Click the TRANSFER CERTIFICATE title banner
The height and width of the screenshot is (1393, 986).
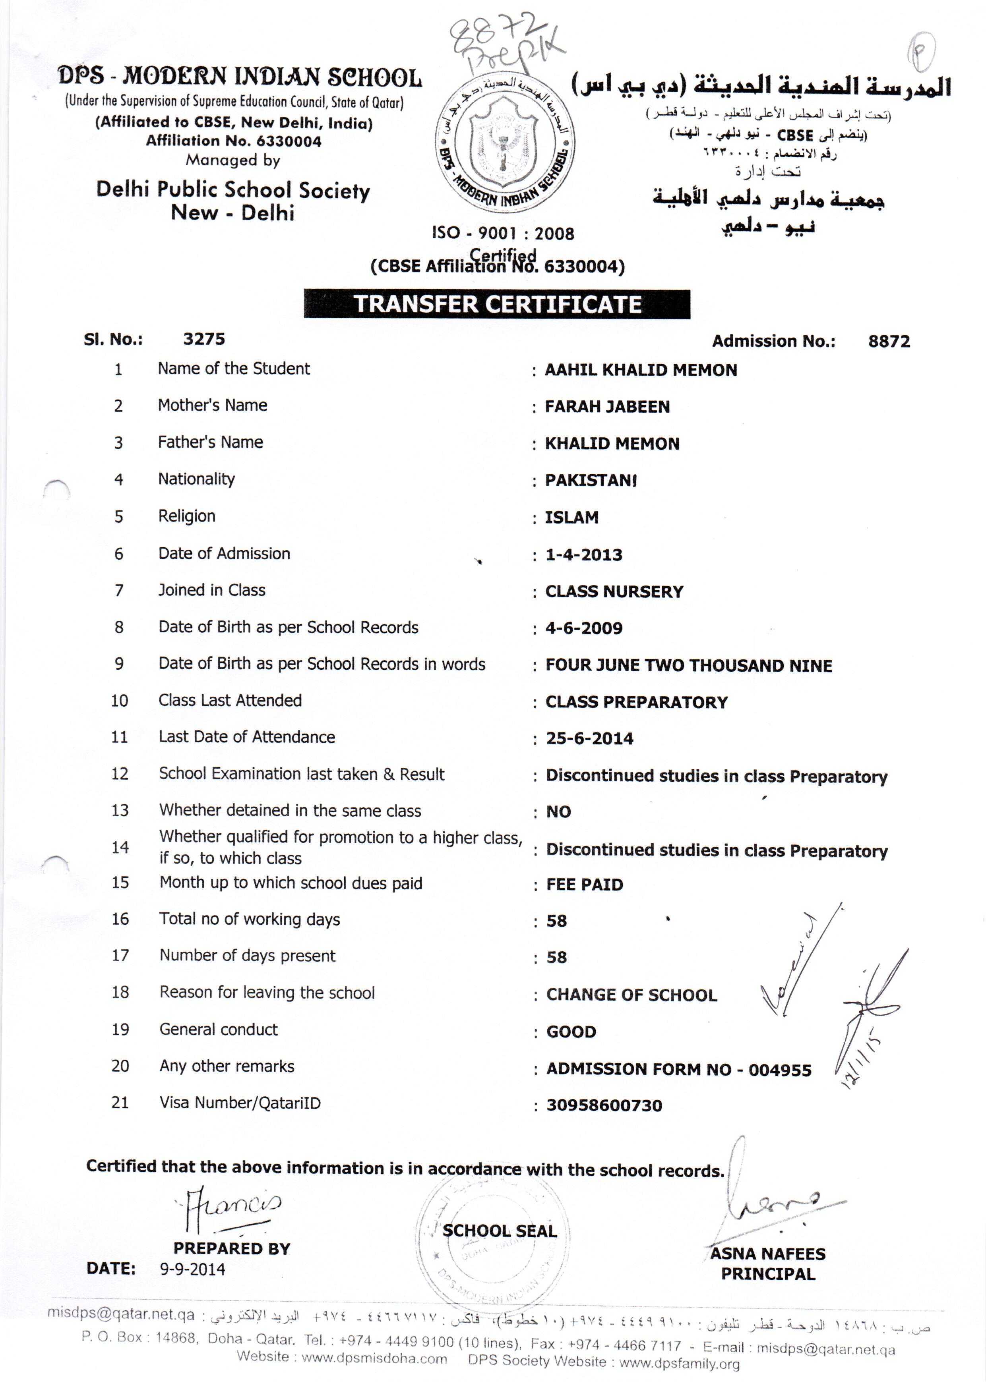pyautogui.click(x=497, y=304)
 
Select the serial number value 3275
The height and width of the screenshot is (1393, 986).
pyautogui.click(x=204, y=339)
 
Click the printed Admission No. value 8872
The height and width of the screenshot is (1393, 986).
pyautogui.click(x=889, y=341)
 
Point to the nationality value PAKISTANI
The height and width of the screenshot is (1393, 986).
pyautogui.click(x=591, y=481)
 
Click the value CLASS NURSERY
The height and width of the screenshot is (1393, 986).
pyautogui.click(x=614, y=591)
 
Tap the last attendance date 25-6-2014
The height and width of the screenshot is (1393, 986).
pyautogui.click(x=589, y=739)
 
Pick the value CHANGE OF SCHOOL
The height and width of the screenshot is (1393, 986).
pyautogui.click(x=632, y=995)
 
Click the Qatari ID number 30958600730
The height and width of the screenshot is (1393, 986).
pyautogui.click(x=604, y=1105)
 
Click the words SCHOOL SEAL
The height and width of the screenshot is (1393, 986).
pyautogui.click(x=499, y=1231)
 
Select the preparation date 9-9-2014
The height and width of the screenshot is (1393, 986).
pyautogui.click(x=192, y=1269)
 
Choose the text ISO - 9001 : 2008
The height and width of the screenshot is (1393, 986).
pyautogui.click(x=503, y=234)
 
